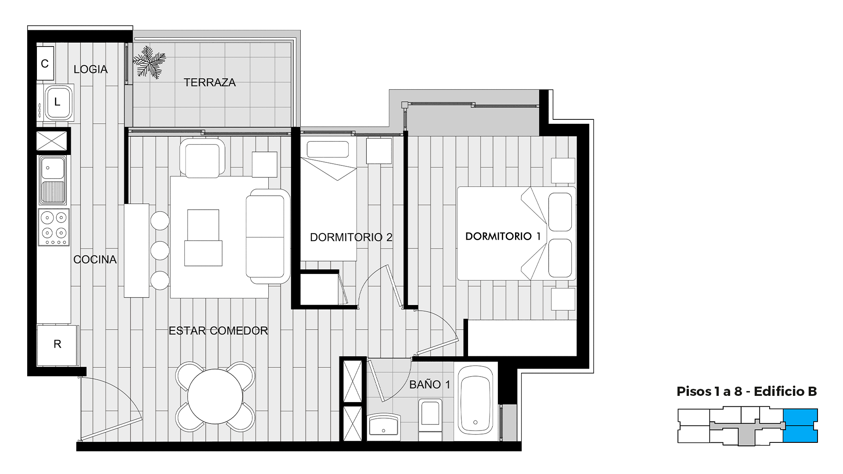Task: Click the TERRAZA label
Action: tap(209, 83)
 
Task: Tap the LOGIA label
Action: tap(90, 69)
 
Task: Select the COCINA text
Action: tap(95, 260)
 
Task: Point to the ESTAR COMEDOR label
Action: tap(218, 331)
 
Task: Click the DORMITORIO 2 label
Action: tap(351, 237)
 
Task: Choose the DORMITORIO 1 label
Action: tap(503, 236)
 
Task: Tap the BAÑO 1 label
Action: tap(430, 384)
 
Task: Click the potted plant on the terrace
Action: tap(149, 62)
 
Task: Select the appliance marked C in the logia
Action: tap(45, 64)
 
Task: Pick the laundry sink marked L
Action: tap(58, 103)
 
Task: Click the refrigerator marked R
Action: tap(57, 345)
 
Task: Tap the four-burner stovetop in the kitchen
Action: tap(54, 227)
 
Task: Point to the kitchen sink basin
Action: tap(53, 168)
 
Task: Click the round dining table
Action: tap(215, 396)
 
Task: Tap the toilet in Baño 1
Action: tap(430, 419)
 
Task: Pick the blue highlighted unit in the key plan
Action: tap(800, 425)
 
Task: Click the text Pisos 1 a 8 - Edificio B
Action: tap(746, 391)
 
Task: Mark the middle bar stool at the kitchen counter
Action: tap(160, 250)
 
